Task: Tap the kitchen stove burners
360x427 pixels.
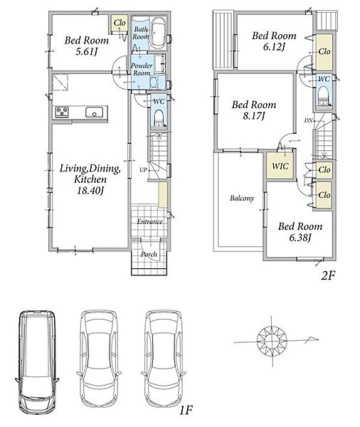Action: pos(62,112)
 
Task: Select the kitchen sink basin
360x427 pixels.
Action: pos(94,112)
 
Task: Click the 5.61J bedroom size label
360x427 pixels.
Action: pos(87,52)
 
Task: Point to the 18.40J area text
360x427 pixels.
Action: pos(90,190)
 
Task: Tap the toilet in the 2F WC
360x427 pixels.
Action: pos(324,95)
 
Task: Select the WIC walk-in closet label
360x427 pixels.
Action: pos(280,166)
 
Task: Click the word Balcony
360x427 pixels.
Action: pos(242,198)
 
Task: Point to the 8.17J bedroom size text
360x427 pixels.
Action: pos(254,116)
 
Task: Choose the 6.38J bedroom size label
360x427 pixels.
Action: pos(300,238)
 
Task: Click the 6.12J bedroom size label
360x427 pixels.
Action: pos(274,47)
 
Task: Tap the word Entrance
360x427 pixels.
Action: pos(150,221)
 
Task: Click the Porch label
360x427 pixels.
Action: pos(149,254)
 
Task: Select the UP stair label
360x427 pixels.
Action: pos(143,169)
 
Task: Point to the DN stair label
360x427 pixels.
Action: pos(308,120)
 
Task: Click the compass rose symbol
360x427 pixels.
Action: pos(272,340)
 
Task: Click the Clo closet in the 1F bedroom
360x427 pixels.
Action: pos(120,23)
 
